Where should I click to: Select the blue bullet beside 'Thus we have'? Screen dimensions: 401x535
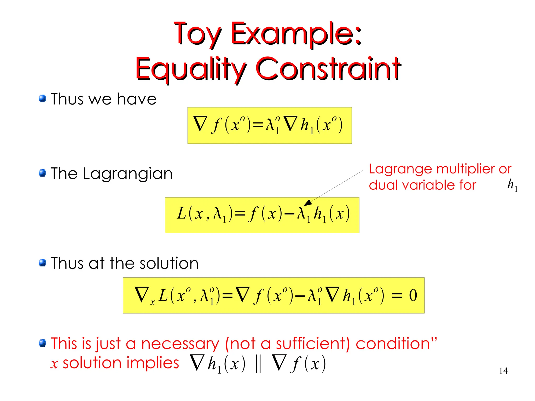tap(42, 98)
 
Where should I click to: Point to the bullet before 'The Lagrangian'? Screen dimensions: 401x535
tap(42, 173)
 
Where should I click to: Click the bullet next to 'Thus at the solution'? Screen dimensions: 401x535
tap(42, 263)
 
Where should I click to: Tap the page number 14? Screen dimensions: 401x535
tap(503, 371)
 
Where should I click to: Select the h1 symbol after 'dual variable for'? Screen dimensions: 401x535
tap(512, 185)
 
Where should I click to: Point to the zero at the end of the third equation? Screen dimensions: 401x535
tap(413, 295)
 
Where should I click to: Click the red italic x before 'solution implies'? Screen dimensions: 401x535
tap(54, 364)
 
